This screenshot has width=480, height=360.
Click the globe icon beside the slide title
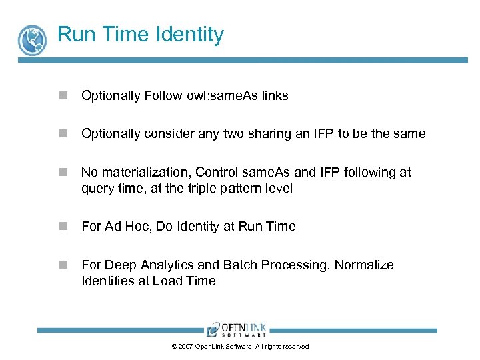(31, 39)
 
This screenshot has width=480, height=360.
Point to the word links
(275, 96)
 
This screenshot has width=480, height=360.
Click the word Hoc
(137, 227)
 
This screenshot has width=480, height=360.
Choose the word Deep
(121, 265)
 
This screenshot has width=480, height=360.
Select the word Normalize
(364, 265)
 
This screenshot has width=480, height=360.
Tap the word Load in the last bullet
(166, 281)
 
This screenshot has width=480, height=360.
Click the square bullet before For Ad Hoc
(63, 227)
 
